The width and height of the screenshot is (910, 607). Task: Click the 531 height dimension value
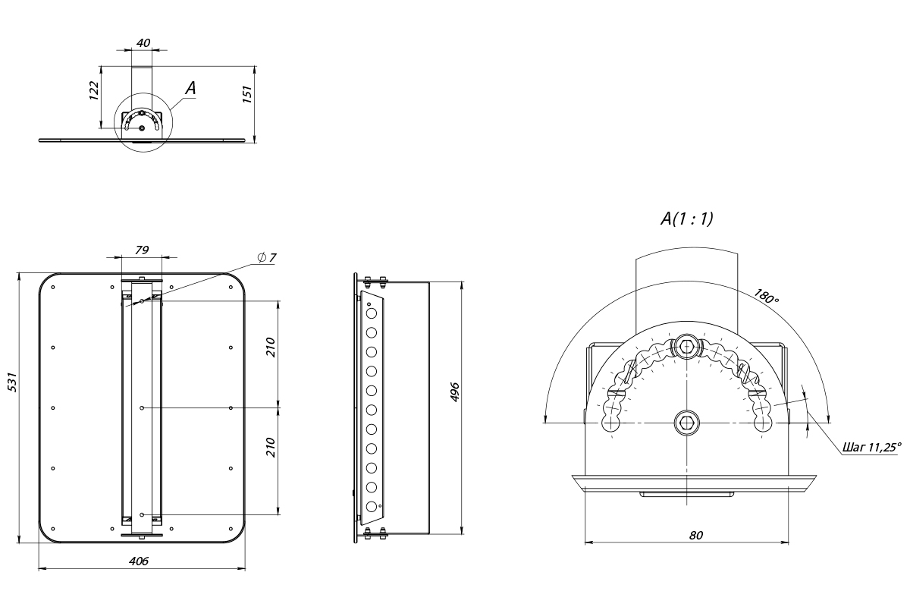pyautogui.click(x=13, y=382)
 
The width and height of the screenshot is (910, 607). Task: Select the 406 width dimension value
pyautogui.click(x=139, y=561)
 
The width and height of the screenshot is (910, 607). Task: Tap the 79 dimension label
pyautogui.click(x=142, y=250)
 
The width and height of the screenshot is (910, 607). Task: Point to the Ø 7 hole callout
pyautogui.click(x=267, y=258)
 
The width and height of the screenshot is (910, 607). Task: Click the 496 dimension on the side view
pyautogui.click(x=455, y=392)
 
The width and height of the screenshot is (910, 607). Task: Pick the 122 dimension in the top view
pyautogui.click(x=94, y=90)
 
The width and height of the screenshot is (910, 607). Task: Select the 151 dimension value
pyautogui.click(x=247, y=94)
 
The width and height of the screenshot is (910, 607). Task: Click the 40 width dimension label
pyautogui.click(x=143, y=43)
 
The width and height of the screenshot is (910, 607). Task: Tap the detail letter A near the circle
pyautogui.click(x=190, y=88)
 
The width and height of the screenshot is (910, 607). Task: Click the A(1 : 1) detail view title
pyautogui.click(x=686, y=219)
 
